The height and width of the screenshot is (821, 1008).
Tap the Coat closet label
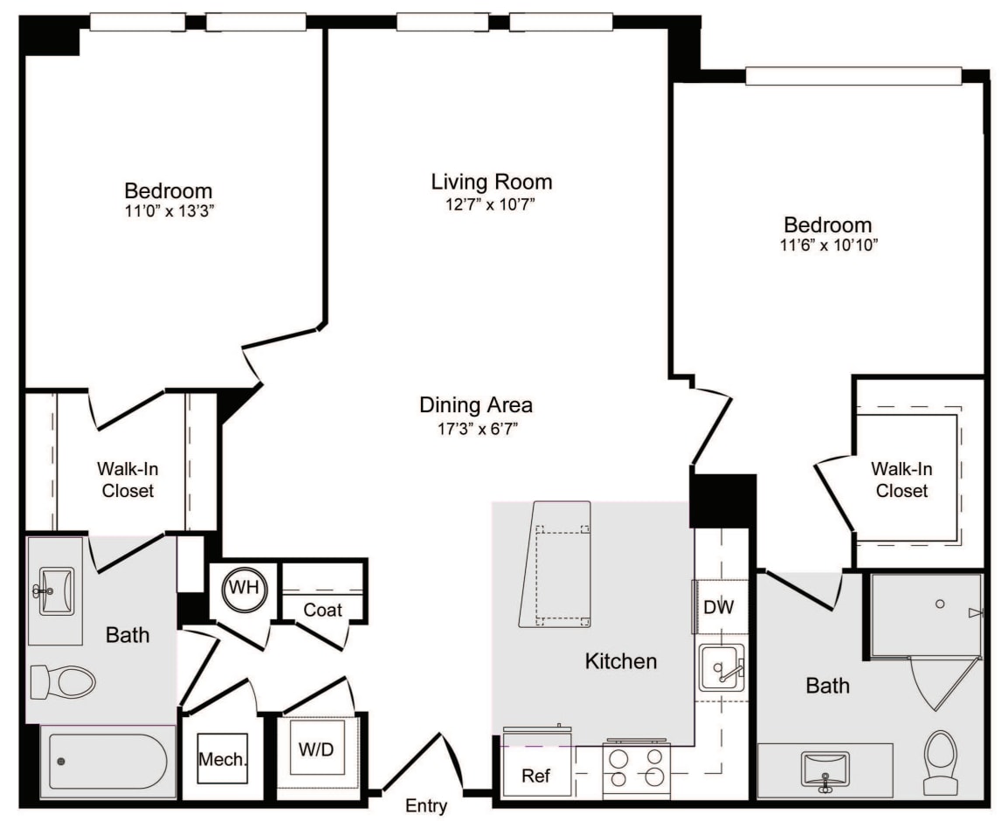click(x=322, y=610)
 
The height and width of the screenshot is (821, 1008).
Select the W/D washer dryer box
click(x=316, y=748)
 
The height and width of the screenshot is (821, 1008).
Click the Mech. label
click(x=223, y=759)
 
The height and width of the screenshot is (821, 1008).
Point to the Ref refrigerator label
click(x=535, y=776)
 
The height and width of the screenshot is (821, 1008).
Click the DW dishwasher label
click(x=719, y=607)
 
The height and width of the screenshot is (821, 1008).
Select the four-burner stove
click(x=637, y=768)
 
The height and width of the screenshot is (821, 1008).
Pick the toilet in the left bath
click(x=63, y=681)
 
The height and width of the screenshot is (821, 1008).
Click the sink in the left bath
click(x=56, y=590)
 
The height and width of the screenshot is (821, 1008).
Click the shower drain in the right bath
click(x=940, y=604)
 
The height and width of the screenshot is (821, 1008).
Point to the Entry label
click(x=425, y=805)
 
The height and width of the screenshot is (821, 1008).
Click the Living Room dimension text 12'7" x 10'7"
click(x=491, y=204)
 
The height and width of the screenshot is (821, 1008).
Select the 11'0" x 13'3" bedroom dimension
click(x=169, y=210)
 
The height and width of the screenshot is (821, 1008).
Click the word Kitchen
click(x=621, y=661)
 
